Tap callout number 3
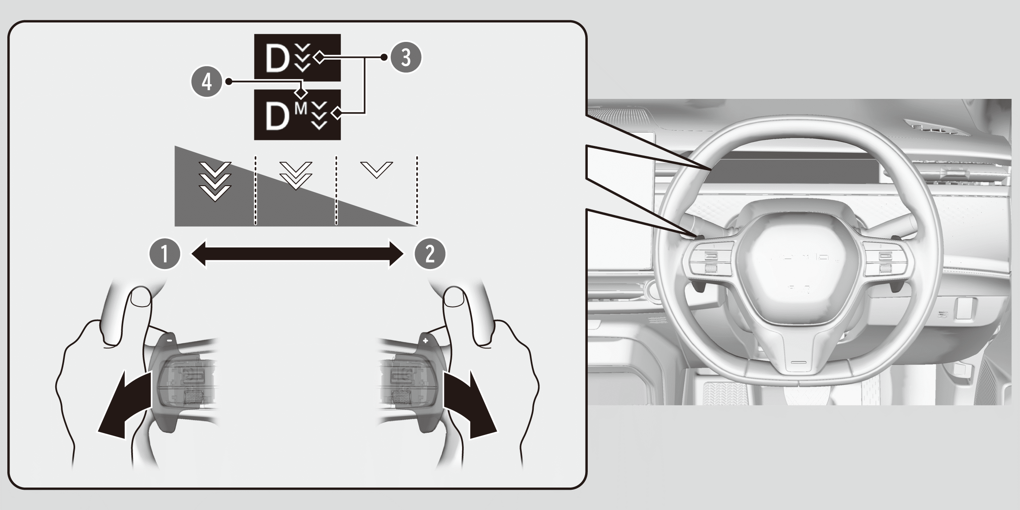click(406, 57)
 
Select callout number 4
click(207, 82)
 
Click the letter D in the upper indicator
click(277, 58)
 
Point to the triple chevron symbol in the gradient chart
click(215, 181)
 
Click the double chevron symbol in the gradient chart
click(296, 175)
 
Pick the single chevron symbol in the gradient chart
click(377, 170)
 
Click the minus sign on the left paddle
click(170, 340)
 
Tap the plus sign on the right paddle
click(425, 341)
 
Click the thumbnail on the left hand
click(140, 297)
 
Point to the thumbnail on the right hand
click(454, 297)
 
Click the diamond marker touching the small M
click(301, 92)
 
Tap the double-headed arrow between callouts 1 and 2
click(298, 254)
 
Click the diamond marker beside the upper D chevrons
click(319, 57)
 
